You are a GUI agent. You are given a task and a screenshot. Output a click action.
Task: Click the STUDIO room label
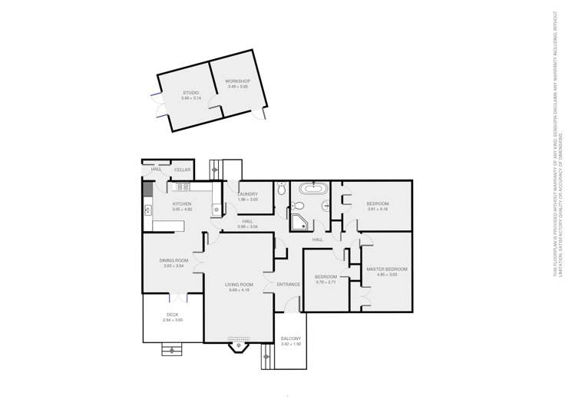coord(190,93)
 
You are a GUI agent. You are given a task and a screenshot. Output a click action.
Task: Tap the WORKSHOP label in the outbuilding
coord(237,81)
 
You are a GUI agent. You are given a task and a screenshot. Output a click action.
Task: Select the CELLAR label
coord(182,170)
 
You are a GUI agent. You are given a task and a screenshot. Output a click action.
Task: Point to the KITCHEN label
coord(181,203)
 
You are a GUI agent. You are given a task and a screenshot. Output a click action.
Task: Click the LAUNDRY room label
coord(247,194)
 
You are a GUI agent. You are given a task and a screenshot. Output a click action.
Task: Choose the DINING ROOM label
coord(173,260)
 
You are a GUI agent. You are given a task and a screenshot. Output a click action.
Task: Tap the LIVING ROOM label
coord(239,285)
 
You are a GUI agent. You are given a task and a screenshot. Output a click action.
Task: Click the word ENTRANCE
coord(289,285)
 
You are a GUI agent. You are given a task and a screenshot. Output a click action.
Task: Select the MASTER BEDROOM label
coord(386,269)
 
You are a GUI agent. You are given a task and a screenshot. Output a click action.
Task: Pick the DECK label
coord(173,315)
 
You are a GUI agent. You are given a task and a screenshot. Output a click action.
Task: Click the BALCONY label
coord(290,338)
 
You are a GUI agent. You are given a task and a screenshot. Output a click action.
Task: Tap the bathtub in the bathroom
coord(313,189)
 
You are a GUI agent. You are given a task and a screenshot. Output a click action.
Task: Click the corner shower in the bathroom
coord(300,223)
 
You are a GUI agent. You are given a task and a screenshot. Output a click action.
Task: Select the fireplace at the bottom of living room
coord(239,339)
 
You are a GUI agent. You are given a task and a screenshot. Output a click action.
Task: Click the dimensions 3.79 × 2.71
coord(326,282)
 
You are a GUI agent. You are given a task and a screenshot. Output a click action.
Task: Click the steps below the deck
coord(172,350)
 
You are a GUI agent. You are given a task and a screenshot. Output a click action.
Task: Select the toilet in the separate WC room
coord(281,188)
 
